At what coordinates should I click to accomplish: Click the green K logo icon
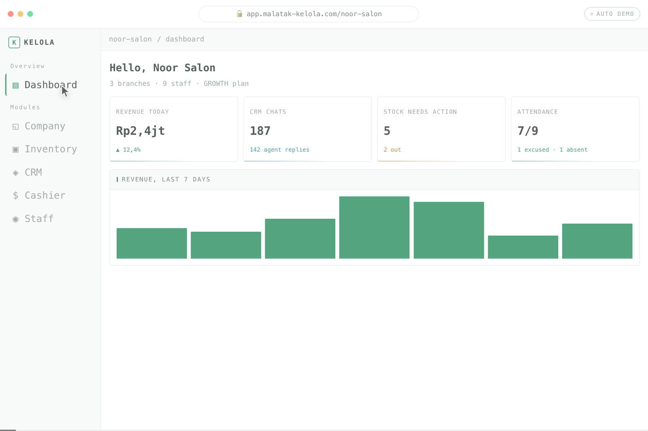(x=14, y=42)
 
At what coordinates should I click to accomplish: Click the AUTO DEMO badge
(x=612, y=14)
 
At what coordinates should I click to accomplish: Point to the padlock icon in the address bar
(x=239, y=14)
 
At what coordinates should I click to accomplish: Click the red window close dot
(x=11, y=14)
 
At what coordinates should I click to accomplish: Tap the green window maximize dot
(x=30, y=14)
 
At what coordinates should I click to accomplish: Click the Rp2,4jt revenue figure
(x=140, y=131)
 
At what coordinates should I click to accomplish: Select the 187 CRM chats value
(x=260, y=131)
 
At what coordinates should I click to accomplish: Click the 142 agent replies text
(x=279, y=149)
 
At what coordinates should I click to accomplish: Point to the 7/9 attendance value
(x=528, y=131)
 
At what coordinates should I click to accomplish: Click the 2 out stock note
(x=392, y=149)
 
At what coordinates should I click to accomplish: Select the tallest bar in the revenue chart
(x=374, y=227)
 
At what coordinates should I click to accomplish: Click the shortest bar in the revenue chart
(x=523, y=247)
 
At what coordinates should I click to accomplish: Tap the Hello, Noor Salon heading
(x=162, y=68)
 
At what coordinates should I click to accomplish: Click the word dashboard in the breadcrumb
(x=185, y=39)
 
